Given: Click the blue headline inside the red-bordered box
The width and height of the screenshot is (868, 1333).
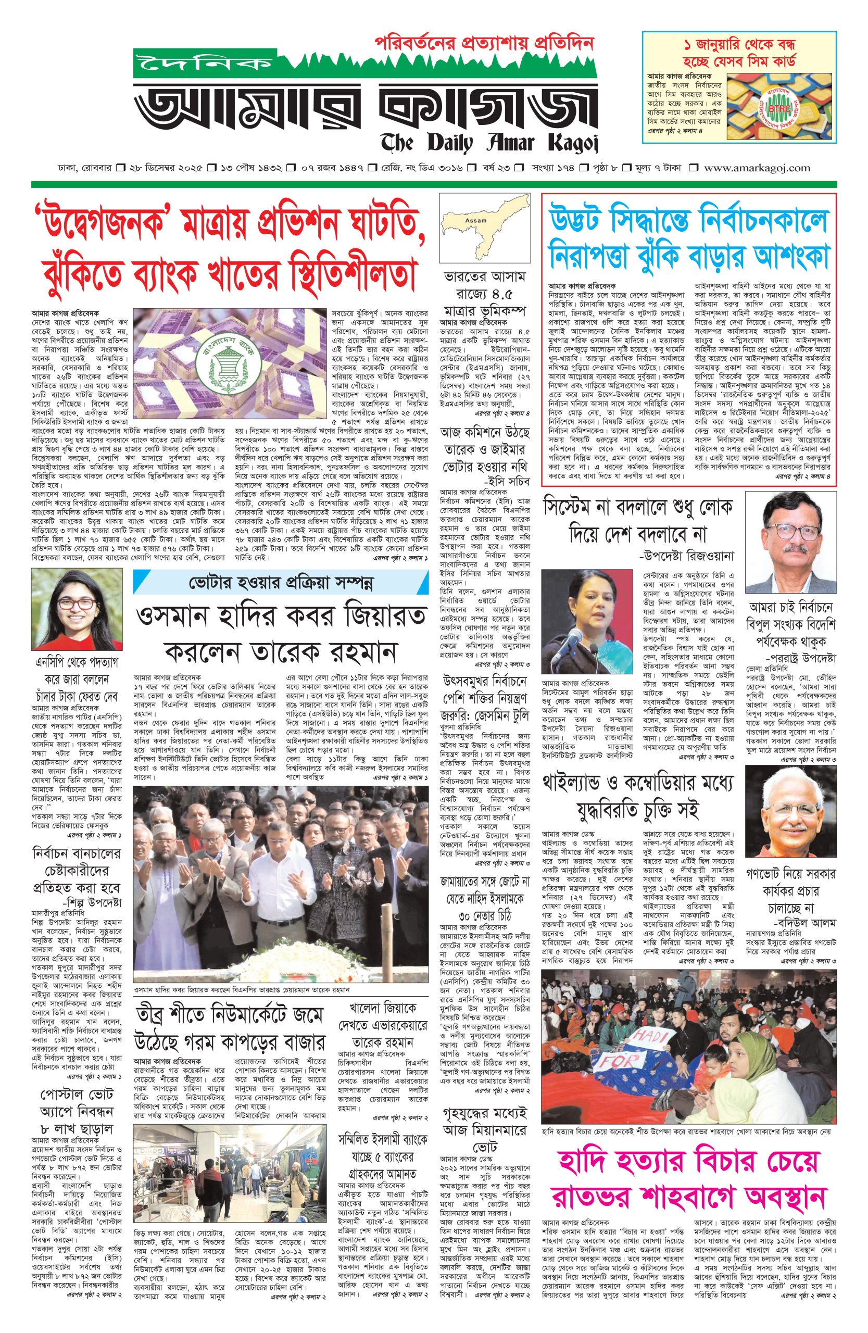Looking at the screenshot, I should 688,237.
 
